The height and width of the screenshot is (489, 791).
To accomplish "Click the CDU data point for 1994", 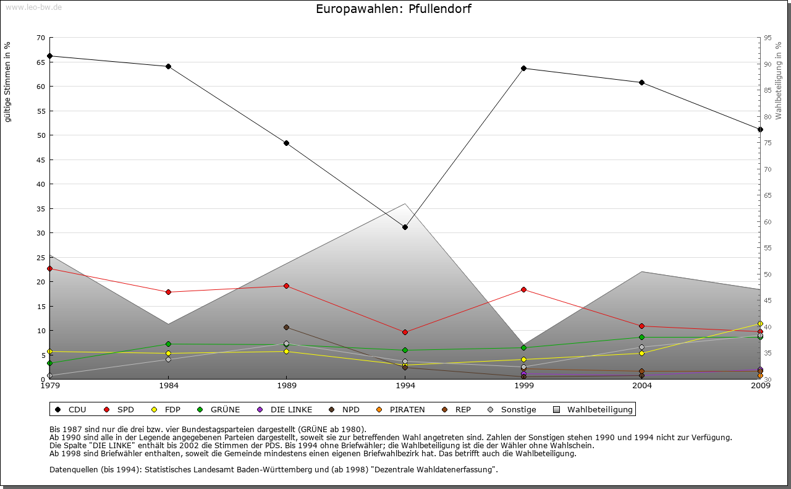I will coord(405,227).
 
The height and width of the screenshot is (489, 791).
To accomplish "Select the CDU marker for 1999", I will coord(523,68).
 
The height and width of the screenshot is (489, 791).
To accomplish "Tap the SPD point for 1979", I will coord(49,268).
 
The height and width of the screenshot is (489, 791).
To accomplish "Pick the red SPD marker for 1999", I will coord(523,289).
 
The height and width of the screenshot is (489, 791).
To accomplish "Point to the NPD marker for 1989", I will coord(286,327).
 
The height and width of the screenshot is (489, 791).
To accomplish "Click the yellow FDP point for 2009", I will coord(760,323).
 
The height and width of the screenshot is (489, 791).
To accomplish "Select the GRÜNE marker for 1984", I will coord(168,344).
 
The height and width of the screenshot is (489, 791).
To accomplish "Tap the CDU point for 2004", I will coord(641,82).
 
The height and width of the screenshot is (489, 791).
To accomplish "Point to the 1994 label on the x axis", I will coord(405,386).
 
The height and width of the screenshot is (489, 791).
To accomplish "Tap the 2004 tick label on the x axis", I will coord(642,386).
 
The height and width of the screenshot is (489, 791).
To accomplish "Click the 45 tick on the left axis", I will coord(40,159).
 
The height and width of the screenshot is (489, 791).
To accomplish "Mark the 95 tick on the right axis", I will coord(768,38).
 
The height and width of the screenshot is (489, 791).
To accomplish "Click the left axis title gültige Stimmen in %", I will coord(7,82).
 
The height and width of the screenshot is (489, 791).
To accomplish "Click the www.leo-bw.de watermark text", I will coord(33,7).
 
